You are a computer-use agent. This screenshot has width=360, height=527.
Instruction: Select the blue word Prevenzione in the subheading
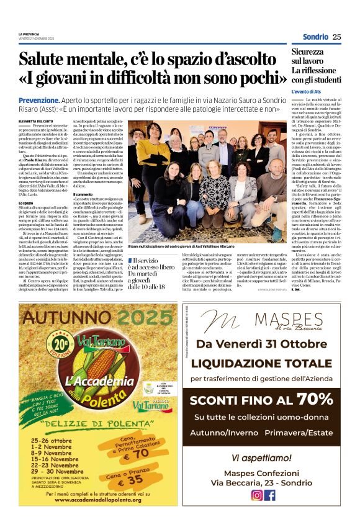point(38,100)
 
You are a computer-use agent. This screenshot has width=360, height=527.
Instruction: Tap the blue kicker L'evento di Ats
point(309,91)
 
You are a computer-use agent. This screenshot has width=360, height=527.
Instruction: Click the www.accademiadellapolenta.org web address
point(89,498)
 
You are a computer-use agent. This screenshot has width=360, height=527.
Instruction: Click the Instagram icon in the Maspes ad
point(256,495)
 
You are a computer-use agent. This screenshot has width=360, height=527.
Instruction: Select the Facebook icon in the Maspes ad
point(269,495)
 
